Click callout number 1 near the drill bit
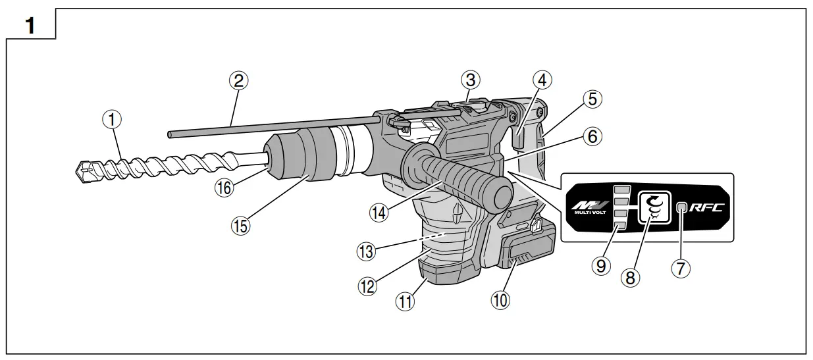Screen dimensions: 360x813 tap(114, 120)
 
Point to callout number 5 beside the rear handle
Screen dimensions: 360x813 tap(592, 99)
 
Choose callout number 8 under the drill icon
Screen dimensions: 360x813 tap(631, 278)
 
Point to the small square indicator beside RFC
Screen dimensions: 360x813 tap(683, 209)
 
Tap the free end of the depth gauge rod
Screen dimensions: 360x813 tap(171, 134)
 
